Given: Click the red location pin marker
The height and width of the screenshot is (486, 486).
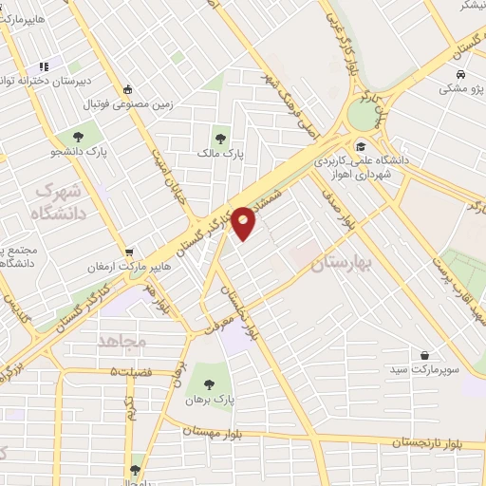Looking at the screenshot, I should [x=244, y=222].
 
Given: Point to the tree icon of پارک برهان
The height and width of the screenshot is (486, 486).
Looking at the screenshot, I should [x=210, y=383].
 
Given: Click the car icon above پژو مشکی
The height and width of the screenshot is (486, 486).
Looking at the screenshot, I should [x=459, y=75].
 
